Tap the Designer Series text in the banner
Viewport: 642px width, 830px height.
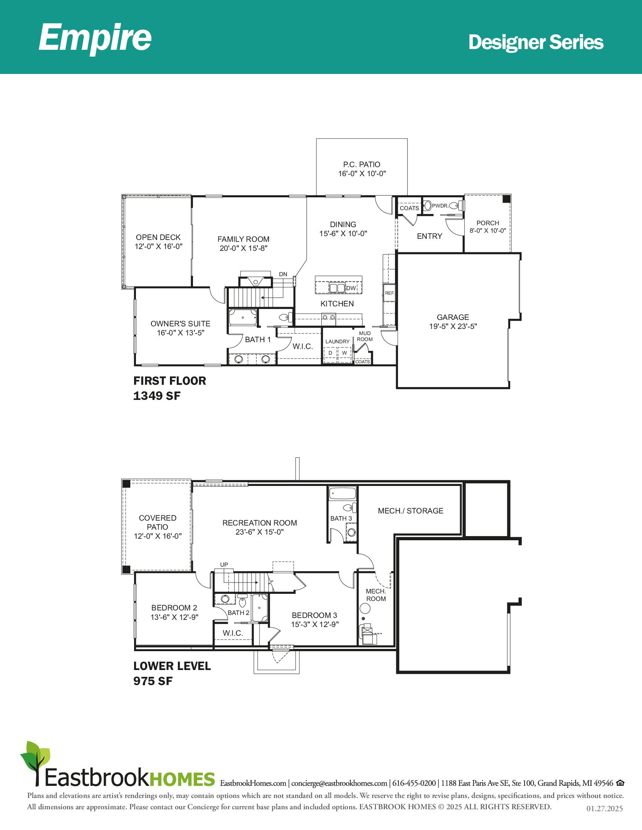[x=536, y=42]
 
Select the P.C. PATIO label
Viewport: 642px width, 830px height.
[x=362, y=164]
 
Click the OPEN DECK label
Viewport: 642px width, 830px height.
[x=158, y=237]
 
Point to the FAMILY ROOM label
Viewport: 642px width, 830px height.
[x=244, y=239]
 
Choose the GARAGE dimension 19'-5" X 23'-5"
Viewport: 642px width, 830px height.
[x=453, y=326]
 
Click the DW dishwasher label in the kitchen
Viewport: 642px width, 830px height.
[x=351, y=288]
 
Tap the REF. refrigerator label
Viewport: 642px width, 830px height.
[x=390, y=293]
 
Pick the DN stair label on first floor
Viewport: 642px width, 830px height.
[x=283, y=274]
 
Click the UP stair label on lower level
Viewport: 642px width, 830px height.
[x=224, y=565]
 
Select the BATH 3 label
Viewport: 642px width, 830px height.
[x=341, y=518]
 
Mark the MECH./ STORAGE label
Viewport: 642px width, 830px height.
[x=411, y=511]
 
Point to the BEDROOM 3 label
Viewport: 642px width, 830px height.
[x=315, y=615]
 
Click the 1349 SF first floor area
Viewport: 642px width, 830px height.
[x=157, y=396]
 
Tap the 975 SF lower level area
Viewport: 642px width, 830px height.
[x=153, y=681]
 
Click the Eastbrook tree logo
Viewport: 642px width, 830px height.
[x=35, y=763]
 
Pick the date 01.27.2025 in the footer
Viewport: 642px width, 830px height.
[x=605, y=809]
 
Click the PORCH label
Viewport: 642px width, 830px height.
[x=488, y=223]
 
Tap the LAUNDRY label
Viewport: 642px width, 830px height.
[x=337, y=342]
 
